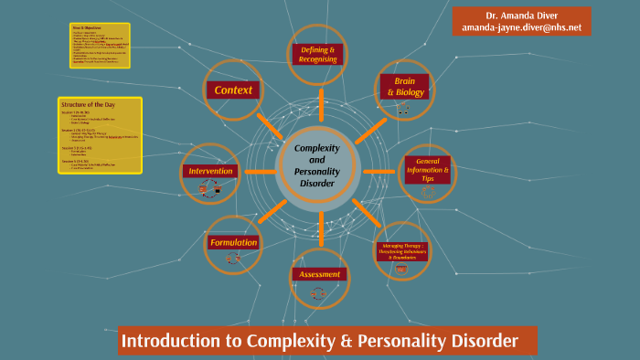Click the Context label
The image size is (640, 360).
point(233,90)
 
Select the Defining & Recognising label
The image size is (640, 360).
point(319,54)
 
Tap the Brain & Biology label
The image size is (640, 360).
point(404,87)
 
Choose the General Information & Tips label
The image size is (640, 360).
point(428,170)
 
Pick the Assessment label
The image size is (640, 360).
point(319,274)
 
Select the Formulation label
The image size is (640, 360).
point(233,242)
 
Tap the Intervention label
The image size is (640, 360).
point(210,171)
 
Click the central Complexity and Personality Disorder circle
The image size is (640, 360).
point(316,165)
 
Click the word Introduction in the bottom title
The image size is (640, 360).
point(168,342)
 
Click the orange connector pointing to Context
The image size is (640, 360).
point(271,126)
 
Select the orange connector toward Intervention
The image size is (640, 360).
point(261,171)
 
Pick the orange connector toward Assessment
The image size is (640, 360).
point(319,232)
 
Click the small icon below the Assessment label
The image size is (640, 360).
point(318,293)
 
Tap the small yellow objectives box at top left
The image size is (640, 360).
point(100,46)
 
